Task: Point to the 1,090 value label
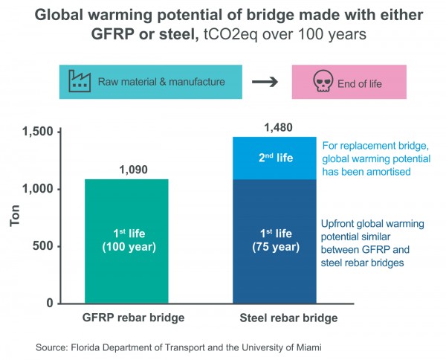(133, 170)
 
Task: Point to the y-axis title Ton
(14, 216)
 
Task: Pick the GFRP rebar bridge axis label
(132, 318)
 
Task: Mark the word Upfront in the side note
(338, 223)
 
